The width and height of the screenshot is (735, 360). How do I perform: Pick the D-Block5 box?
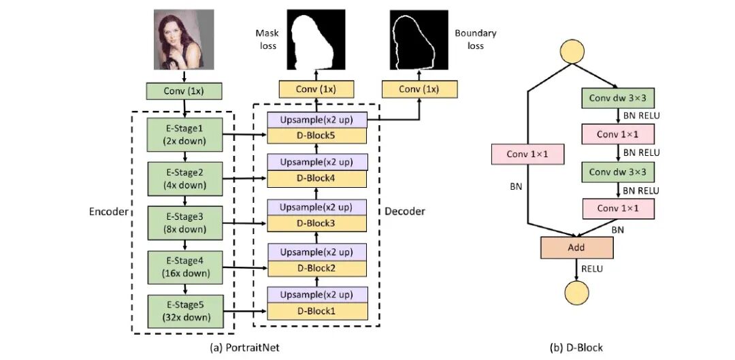(317, 135)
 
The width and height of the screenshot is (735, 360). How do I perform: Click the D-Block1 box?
(317, 311)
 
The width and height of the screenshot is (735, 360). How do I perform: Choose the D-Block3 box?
(317, 223)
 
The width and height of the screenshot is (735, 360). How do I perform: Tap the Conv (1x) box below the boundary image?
(419, 89)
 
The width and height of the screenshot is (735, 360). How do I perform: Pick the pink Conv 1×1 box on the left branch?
(527, 154)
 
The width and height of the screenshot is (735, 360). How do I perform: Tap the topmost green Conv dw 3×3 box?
(618, 97)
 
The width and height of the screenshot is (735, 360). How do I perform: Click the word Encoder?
(109, 212)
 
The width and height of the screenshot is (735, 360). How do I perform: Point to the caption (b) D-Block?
(576, 348)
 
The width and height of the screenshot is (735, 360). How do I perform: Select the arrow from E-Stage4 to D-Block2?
(245, 267)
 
